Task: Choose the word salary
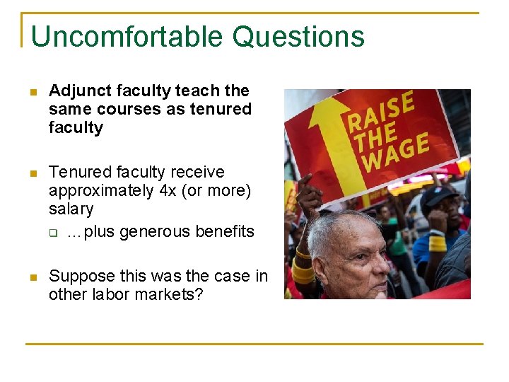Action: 71,209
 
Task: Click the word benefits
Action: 223,231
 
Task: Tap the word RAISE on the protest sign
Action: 380,113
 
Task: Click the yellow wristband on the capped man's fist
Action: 438,243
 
